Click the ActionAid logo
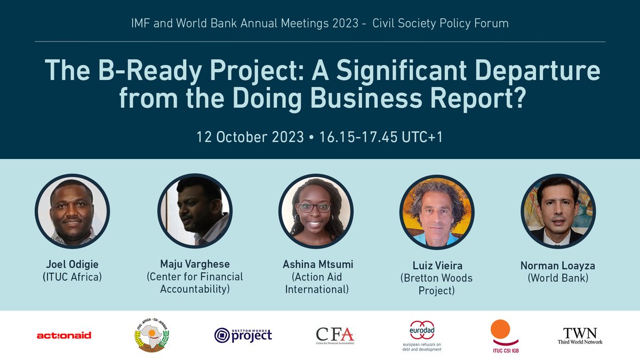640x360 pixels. pos(64,335)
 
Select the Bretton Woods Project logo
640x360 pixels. pos(243,335)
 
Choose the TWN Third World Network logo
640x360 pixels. pos(580,335)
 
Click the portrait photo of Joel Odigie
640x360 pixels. pos(72,211)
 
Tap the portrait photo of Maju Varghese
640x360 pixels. pos(194,211)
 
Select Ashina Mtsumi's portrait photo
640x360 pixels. pos(315,211)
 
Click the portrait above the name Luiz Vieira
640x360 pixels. pos(436,211)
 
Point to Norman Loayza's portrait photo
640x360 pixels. pos(558,211)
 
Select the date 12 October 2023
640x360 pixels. pos(250,137)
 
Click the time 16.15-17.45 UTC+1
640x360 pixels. pos(381,137)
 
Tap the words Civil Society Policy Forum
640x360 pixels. pos(440,23)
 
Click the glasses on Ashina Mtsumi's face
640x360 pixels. pos(315,207)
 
